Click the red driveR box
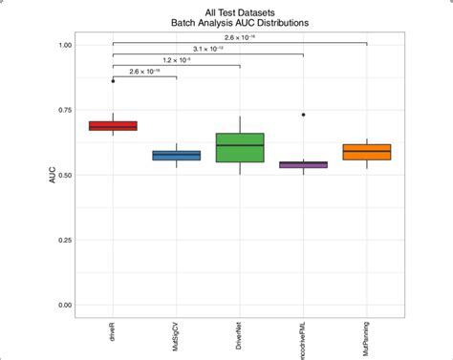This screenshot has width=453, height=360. (x=113, y=126)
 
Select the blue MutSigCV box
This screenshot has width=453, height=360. (x=177, y=155)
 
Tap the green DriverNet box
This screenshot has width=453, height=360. (x=240, y=148)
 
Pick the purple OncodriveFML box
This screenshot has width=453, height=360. (x=303, y=164)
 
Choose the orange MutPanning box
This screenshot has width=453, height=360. (x=366, y=152)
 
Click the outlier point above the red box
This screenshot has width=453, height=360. (x=113, y=81)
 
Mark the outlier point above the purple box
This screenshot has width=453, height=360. (x=303, y=115)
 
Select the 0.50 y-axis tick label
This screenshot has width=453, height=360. (x=62, y=175)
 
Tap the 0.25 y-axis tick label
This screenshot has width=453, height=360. (x=62, y=240)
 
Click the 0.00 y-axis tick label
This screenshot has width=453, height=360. (x=62, y=305)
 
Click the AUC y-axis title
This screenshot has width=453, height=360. (x=40, y=176)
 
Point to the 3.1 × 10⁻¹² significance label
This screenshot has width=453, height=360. (x=207, y=48)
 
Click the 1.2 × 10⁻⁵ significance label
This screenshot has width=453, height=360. (x=176, y=59)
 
